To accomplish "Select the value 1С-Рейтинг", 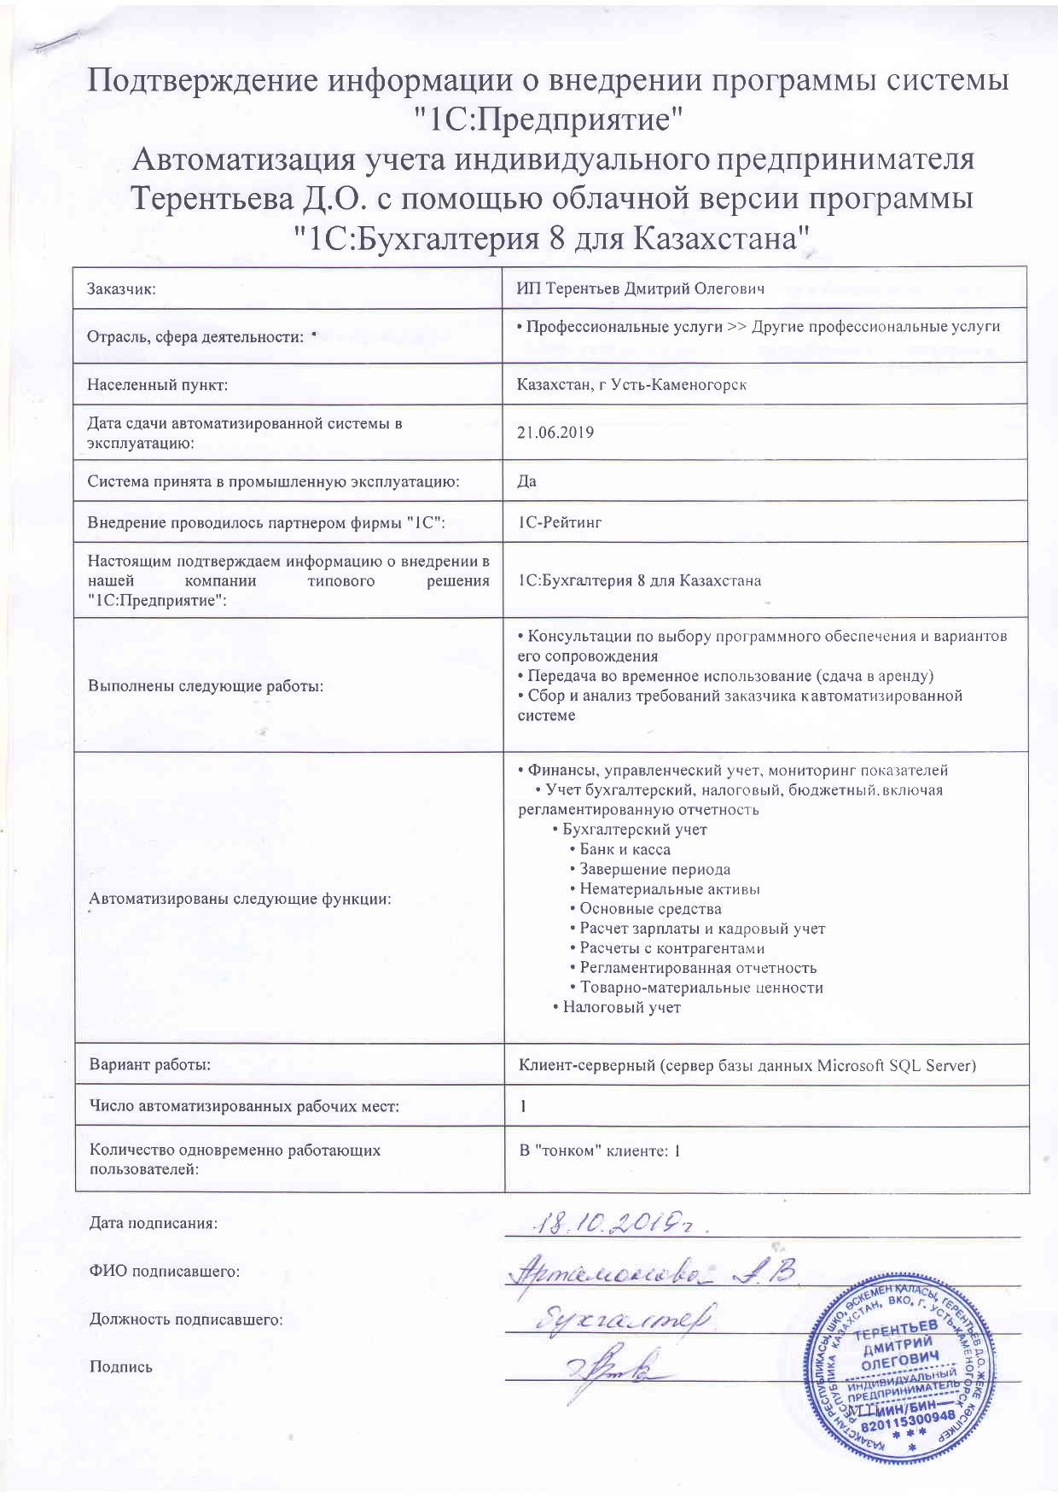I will (x=560, y=522).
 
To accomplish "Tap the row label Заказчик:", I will (x=121, y=288).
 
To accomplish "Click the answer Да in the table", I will (x=526, y=481).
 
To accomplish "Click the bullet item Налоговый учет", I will (x=621, y=1007).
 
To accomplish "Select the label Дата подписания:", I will (x=154, y=1223).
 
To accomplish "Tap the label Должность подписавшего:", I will (x=186, y=1319).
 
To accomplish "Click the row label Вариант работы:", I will (x=150, y=1065).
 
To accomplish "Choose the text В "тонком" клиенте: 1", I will (x=600, y=1150).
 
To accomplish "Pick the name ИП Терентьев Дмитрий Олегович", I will (x=640, y=288).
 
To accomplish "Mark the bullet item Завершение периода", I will (x=654, y=870).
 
